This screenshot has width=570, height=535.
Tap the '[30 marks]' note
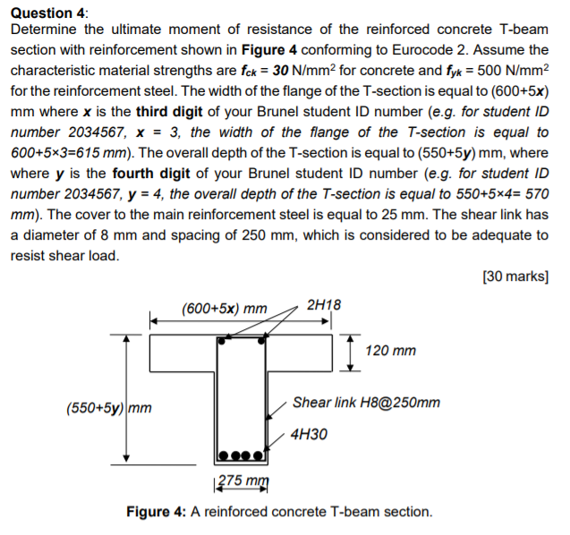tap(515, 276)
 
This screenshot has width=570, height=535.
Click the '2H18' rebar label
tap(323, 304)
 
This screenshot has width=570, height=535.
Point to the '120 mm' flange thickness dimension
tap(391, 351)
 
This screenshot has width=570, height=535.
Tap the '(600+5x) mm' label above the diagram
tap(224, 309)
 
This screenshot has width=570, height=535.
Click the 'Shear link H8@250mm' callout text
tap(367, 403)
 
